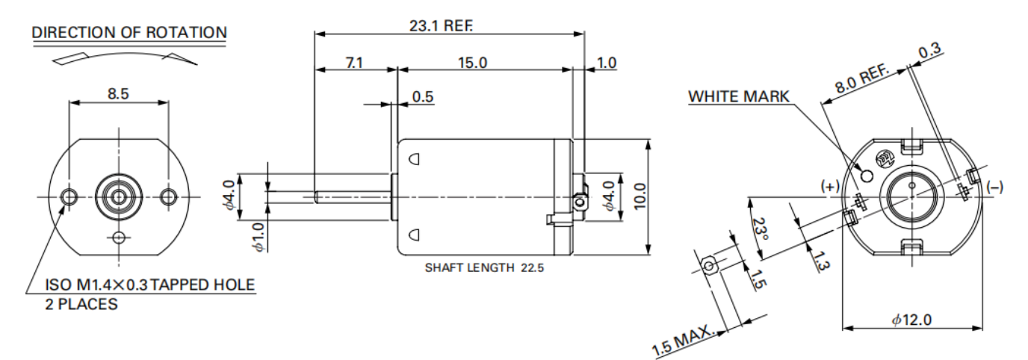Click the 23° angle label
760,229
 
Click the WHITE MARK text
738,97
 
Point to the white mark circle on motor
867,176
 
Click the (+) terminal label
830,186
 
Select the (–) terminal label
994,186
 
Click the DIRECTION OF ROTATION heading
129,32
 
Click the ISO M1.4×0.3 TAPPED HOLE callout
150,285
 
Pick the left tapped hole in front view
69,196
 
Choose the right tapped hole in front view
168,196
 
